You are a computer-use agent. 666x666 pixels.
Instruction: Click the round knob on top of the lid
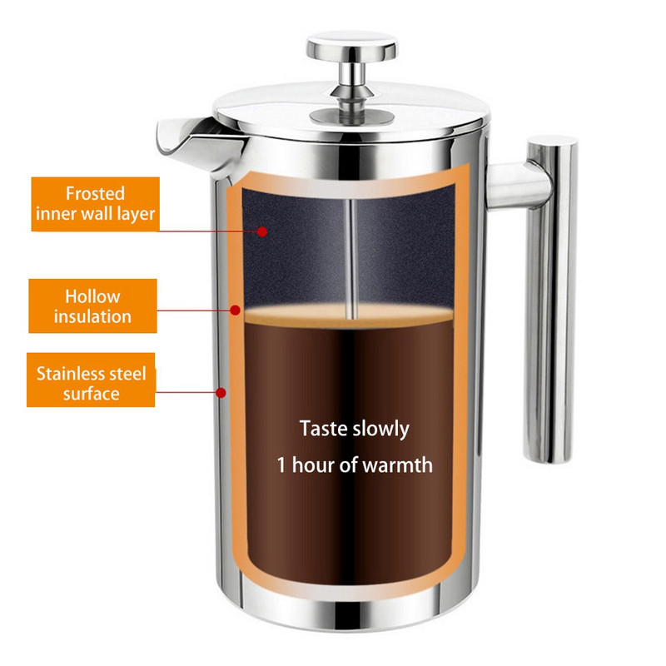pos(350,47)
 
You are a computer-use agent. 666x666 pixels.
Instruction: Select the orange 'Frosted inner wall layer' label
pos(94,203)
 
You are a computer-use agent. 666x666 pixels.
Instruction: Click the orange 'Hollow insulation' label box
pos(92,306)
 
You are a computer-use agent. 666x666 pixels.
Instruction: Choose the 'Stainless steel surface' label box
pos(91,383)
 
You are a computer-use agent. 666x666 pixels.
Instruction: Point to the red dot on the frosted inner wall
pos(262,232)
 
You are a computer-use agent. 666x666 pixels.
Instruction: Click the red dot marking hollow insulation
pos(236,311)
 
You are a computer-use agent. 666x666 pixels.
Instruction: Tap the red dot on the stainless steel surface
pos(221,391)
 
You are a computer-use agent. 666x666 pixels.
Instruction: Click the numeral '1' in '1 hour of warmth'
pos(282,465)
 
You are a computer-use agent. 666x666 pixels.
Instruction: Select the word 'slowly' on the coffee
pos(380,430)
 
